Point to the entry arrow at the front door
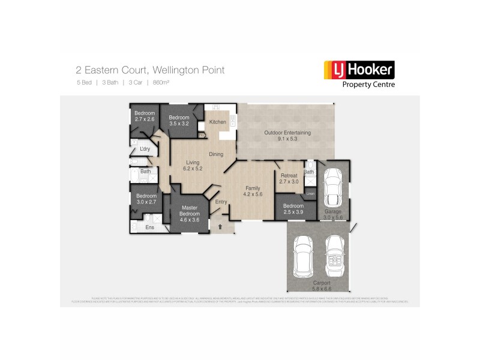click(220, 227)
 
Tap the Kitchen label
click(217, 122)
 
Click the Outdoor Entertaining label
click(288, 133)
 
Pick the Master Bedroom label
click(190, 211)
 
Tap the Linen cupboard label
click(310, 193)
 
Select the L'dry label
click(144, 149)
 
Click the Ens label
click(149, 227)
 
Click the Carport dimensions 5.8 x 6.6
click(322, 289)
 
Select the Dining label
click(216, 154)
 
